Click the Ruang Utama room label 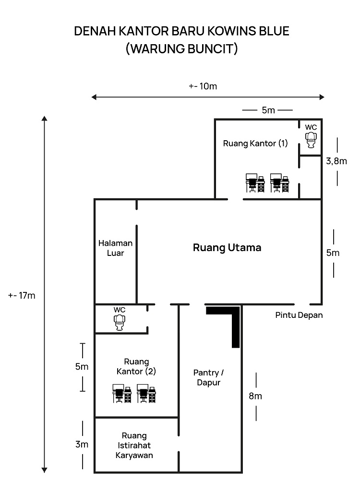click(x=227, y=248)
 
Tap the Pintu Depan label click(x=299, y=315)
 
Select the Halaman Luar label click(x=116, y=248)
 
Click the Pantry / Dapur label click(x=209, y=377)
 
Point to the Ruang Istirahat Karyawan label click(x=134, y=446)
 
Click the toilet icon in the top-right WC click(x=312, y=140)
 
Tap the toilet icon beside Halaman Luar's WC click(x=120, y=323)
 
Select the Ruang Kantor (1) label click(x=255, y=143)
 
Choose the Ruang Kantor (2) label click(x=136, y=366)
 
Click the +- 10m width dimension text click(x=203, y=86)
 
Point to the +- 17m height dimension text click(x=22, y=295)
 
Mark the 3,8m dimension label click(x=336, y=161)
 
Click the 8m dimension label click(x=255, y=396)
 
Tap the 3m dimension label click(x=82, y=445)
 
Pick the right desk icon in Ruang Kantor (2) click(x=146, y=393)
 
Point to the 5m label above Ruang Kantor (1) click(x=268, y=110)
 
